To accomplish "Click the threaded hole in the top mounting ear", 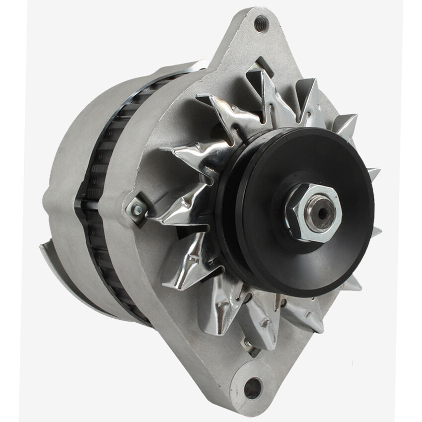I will tap(261, 23).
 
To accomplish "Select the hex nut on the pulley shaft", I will tap(312, 212).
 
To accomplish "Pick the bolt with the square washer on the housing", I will tap(137, 210).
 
